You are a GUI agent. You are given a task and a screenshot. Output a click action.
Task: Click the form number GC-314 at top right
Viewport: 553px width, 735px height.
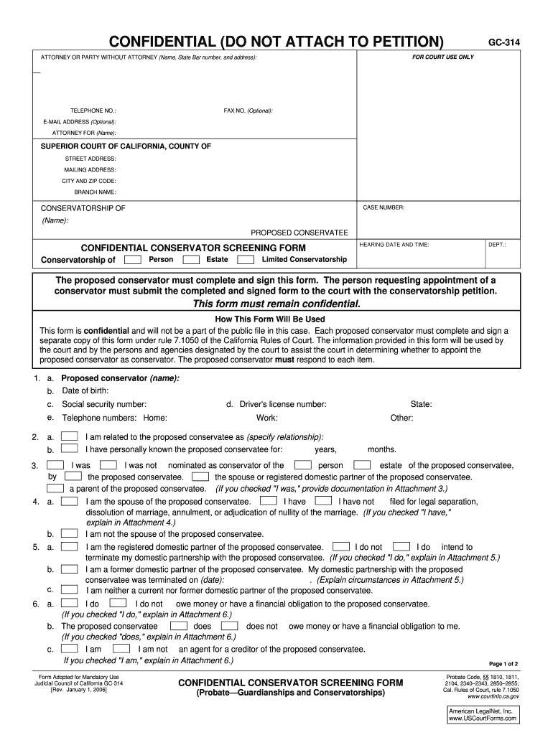504,43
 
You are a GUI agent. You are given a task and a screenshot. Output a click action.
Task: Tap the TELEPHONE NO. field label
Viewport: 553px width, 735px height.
93,111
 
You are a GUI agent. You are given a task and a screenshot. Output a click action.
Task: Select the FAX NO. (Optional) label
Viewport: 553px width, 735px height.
248,111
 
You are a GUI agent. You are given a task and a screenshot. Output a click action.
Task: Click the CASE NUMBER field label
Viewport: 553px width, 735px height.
384,207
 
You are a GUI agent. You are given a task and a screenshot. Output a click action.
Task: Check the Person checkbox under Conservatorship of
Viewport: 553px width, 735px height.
132,259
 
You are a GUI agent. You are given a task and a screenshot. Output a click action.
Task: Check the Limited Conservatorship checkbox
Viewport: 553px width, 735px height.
246,259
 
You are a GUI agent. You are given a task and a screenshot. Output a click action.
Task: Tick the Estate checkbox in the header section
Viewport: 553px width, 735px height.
191,259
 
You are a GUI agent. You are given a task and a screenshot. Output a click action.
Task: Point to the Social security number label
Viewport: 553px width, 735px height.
104,404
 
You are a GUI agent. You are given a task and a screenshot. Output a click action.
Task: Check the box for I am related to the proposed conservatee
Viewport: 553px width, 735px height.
70,436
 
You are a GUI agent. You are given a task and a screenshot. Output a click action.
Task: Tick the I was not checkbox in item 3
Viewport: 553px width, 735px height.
108,465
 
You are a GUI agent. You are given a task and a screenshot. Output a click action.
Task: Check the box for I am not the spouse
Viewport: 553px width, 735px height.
70,534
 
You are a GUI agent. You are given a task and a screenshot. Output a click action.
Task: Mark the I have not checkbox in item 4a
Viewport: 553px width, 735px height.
324,501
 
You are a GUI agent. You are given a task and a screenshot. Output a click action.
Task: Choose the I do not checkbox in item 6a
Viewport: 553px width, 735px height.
118,604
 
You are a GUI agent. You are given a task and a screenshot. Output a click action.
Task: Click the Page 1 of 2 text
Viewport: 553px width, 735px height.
503,664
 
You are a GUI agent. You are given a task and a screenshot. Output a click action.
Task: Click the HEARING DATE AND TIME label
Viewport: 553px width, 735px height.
394,245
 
